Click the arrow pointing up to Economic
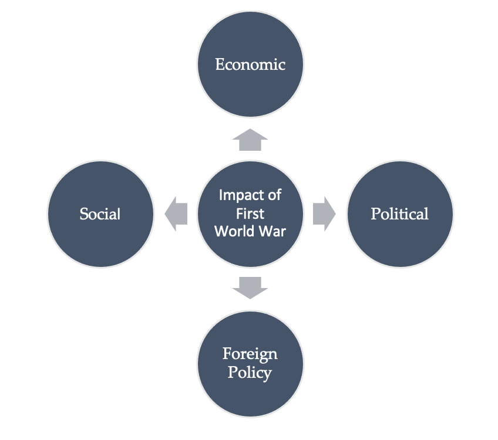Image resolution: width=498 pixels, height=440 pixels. coord(250,140)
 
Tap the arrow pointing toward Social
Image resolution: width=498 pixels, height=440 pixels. coord(176,214)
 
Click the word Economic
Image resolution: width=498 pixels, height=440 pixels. coord(250,64)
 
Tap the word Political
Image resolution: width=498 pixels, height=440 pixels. coord(400,214)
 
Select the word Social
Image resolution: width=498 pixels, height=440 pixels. coord(100,214)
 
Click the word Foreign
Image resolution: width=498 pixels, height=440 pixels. coord(250,354)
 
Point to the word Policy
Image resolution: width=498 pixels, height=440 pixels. coord(250,373)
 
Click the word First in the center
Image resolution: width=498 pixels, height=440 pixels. coord(250,213)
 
